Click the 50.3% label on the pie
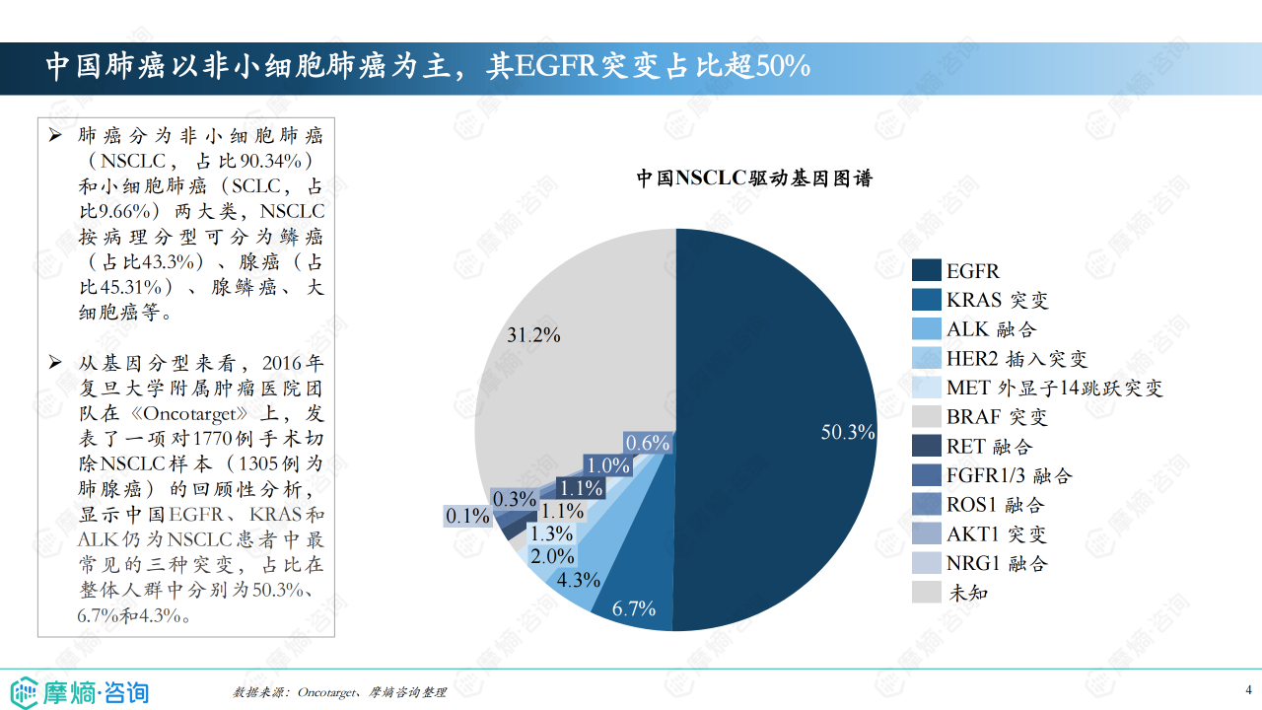pos(848,432)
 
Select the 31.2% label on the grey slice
pos(533,335)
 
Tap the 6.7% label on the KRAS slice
pos(634,608)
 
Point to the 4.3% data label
pos(579,580)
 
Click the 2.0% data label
pos(552,556)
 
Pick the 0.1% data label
pos(467,515)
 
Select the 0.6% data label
pos(648,444)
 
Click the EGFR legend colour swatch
pos(926,271)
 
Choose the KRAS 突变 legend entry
pos(997,300)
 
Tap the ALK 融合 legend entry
pos(991,329)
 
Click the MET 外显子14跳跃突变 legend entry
pos(1055,388)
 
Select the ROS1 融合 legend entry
pos(995,505)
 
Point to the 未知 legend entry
pos(967,593)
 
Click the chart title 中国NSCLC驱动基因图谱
pos(753,178)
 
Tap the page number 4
pos(1248,689)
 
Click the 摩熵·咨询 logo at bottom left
pos(80,691)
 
